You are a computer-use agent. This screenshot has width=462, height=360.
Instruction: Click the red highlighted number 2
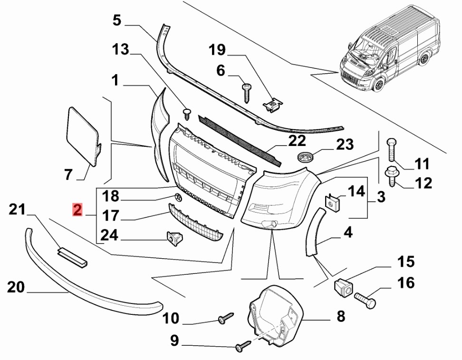click(x=77, y=210)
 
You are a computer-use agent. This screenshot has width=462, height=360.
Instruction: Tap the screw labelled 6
click(x=246, y=93)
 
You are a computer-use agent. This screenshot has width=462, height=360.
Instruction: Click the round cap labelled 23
click(x=305, y=157)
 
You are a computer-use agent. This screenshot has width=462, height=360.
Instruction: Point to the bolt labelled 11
click(x=391, y=149)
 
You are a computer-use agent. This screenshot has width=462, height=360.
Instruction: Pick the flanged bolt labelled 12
click(x=392, y=176)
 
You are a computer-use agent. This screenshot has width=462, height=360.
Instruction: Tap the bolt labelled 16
click(x=366, y=300)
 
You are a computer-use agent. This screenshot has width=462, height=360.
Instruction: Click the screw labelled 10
click(x=226, y=318)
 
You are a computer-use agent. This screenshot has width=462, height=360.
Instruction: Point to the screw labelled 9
click(x=243, y=345)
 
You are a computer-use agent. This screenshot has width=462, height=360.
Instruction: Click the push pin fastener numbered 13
click(x=187, y=114)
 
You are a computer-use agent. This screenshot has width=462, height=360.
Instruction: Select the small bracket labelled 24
click(x=174, y=238)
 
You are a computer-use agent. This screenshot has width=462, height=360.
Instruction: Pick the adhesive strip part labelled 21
click(x=73, y=256)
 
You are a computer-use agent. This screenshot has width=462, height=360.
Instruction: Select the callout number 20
click(x=16, y=287)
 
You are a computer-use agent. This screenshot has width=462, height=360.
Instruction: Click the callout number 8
click(x=341, y=316)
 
